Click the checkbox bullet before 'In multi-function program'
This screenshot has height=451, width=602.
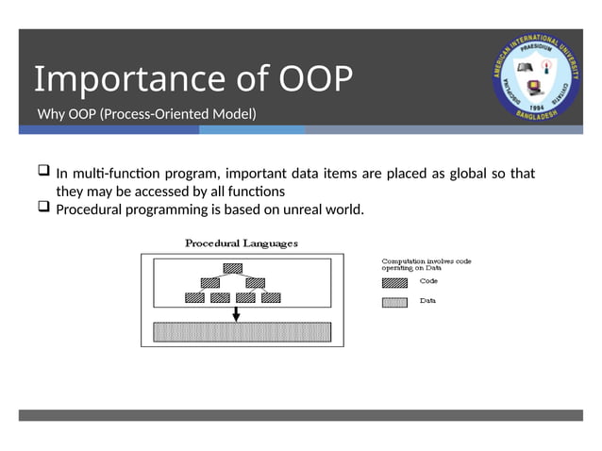point(43,173)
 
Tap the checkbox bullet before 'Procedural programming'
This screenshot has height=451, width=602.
point(43,208)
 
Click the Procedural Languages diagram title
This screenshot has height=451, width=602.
point(242,242)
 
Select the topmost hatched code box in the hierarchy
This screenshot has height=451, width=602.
point(233,268)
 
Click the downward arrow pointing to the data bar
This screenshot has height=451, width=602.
point(236,312)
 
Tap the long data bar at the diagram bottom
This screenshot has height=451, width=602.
point(242,332)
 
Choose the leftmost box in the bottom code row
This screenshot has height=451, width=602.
point(194,297)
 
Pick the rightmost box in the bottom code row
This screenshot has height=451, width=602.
point(272,297)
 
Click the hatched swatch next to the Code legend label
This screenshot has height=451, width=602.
point(394,281)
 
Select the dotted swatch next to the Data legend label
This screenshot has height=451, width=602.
point(394,302)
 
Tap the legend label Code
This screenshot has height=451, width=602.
point(428,281)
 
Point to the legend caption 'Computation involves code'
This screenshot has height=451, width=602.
point(426,260)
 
